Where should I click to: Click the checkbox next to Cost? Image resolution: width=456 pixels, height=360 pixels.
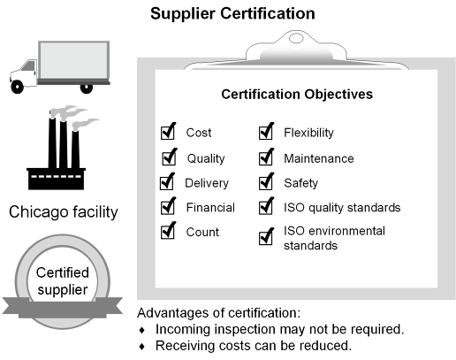[x=168, y=133]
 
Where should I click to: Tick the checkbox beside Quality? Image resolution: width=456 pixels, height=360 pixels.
[x=169, y=157]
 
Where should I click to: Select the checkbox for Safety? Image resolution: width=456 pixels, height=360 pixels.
[x=266, y=182]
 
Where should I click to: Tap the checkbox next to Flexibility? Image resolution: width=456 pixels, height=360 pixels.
[x=266, y=133]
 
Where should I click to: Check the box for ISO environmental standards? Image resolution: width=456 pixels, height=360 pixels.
[x=266, y=237]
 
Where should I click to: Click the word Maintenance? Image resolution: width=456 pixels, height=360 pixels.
[x=319, y=158]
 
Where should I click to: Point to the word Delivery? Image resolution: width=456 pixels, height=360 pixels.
[x=207, y=183]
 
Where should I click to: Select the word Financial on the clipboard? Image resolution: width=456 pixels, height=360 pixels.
[x=210, y=208]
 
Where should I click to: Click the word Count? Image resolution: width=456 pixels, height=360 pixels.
[x=202, y=232]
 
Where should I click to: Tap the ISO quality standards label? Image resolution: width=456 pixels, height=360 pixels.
[x=342, y=208]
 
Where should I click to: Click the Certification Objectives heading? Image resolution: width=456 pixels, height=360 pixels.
[x=297, y=95]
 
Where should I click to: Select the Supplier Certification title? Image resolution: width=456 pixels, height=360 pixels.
[x=232, y=13]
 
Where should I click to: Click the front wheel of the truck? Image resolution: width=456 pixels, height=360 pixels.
[x=17, y=87]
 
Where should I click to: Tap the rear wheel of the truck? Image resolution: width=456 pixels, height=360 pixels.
[x=87, y=88]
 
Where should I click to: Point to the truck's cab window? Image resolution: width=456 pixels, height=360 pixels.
[x=28, y=65]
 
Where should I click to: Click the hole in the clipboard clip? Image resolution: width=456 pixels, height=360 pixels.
[x=296, y=38]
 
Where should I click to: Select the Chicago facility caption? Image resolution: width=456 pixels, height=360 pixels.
[x=64, y=212]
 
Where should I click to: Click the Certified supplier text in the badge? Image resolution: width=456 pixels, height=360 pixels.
[x=63, y=281]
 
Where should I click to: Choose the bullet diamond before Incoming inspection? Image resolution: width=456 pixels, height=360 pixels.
[x=142, y=330]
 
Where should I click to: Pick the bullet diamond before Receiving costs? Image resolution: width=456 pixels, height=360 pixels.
[x=142, y=347]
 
